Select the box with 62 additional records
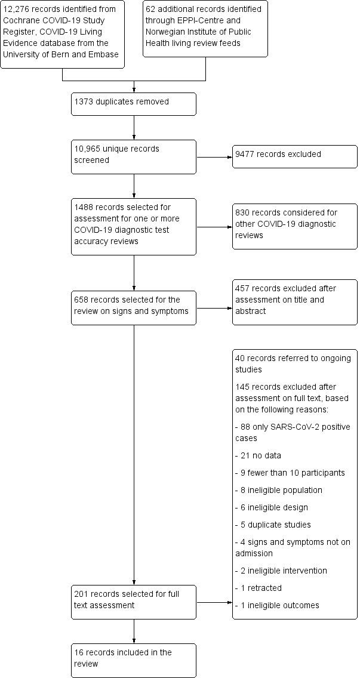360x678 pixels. [x=205, y=29]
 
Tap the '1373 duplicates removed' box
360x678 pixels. [x=134, y=103]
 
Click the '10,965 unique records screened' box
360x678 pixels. [x=134, y=156]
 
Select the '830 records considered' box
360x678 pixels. [x=294, y=226]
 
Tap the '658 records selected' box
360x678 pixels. [x=134, y=307]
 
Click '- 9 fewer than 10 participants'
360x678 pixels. [x=290, y=473]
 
